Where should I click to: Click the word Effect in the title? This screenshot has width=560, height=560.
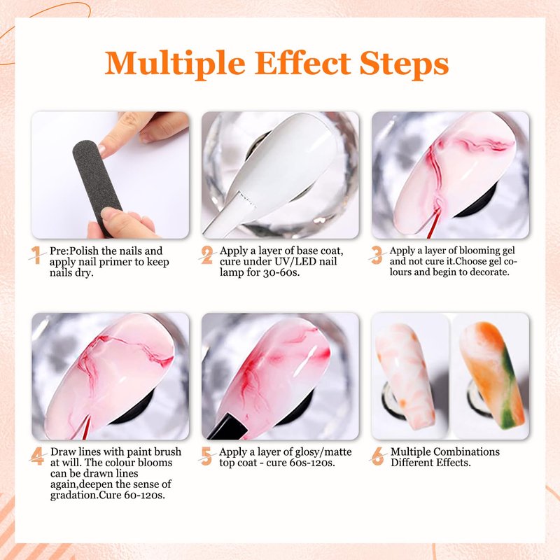pyautogui.click(x=302, y=64)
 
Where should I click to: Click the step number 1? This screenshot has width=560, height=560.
pyautogui.click(x=36, y=255)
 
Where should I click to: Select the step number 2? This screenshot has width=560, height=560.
pyautogui.click(x=206, y=255)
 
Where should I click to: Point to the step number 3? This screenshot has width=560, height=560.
pyautogui.click(x=377, y=255)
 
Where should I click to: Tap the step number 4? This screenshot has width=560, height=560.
pyautogui.click(x=37, y=456)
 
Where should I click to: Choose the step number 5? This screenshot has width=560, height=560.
pyautogui.click(x=206, y=456)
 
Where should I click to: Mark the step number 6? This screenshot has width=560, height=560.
pyautogui.click(x=377, y=456)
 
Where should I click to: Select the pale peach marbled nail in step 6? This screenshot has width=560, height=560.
pyautogui.click(x=406, y=376)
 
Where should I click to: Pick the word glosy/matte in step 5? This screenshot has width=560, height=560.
pyautogui.click(x=320, y=452)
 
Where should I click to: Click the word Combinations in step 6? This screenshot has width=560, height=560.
pyautogui.click(x=467, y=451)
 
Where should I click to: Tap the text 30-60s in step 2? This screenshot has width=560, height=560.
pyautogui.click(x=281, y=272)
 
